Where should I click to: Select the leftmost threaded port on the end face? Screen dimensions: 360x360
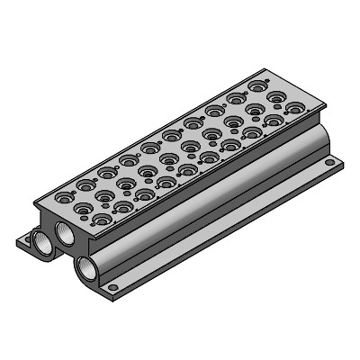tap(42, 238)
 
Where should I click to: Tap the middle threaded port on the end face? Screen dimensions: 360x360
tap(65, 234)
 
